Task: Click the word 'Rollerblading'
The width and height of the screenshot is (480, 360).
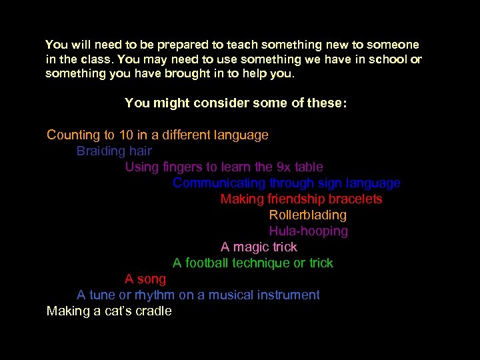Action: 307,215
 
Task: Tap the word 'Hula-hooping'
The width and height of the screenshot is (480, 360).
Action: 308,231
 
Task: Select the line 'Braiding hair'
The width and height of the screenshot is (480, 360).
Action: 114,151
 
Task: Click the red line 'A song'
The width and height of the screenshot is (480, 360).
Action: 145,279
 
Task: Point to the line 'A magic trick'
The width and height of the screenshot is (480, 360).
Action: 259,247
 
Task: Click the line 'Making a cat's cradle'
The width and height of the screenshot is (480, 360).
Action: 109,311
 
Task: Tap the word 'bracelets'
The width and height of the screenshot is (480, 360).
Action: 355,199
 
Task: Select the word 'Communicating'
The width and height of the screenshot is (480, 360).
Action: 219,183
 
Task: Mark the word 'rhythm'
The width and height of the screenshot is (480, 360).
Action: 155,295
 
